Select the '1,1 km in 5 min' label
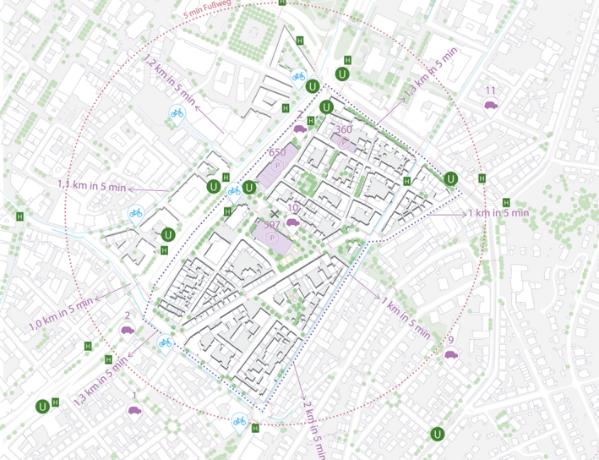91,185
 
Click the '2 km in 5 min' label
314,428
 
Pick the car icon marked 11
490,105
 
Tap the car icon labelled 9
451,354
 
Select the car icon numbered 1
133,410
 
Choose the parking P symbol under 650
278,165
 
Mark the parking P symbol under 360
343,143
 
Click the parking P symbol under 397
272,239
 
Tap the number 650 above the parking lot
277,151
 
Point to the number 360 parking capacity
343,129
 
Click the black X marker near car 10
275,213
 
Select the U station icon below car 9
438,434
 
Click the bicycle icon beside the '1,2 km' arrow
177,112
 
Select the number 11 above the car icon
490,90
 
